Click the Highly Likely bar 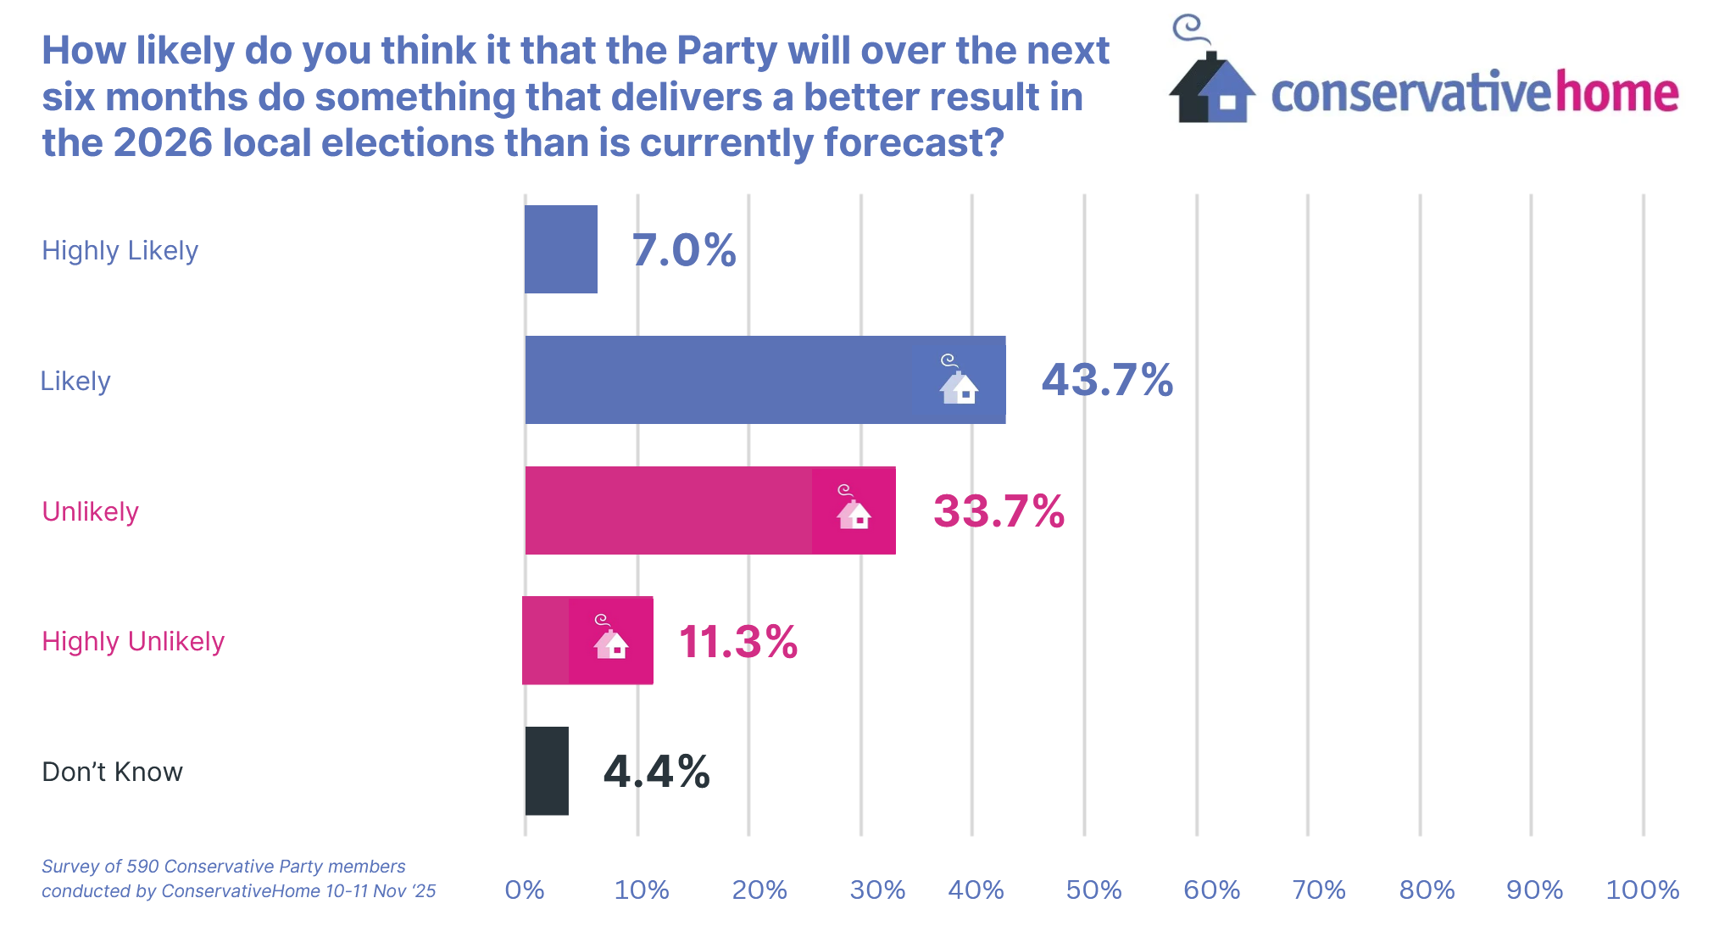coord(560,249)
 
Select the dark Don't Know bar coord(547,771)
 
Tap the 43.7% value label coord(1107,380)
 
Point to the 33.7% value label coord(999,511)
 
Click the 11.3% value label coord(737,641)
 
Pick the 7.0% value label coord(684,250)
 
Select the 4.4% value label coord(656,772)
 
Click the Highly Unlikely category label coord(133,642)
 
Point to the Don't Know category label coord(112,772)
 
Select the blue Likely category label coord(75,382)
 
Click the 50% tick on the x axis coord(1093,890)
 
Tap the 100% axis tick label coord(1642,890)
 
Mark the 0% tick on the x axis coord(525,890)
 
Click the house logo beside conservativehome coord(1210,81)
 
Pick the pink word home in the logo coord(1616,92)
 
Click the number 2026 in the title coord(162,142)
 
